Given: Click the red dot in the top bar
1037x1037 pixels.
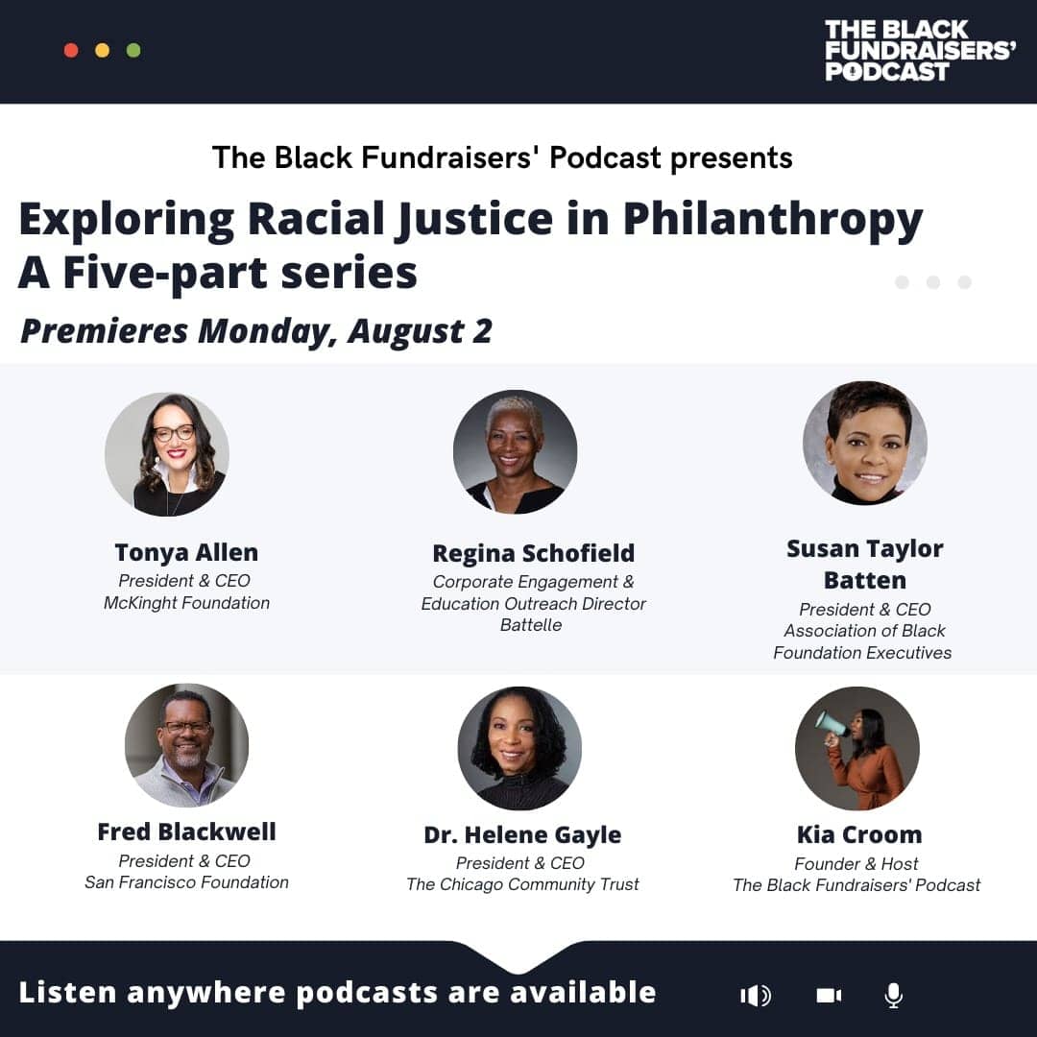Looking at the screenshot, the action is (x=71, y=50).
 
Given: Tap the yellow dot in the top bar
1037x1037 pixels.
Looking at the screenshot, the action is (x=103, y=50).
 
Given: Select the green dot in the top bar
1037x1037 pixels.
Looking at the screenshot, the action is (x=133, y=50).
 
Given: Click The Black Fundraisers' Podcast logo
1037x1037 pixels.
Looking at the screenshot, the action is (x=919, y=50).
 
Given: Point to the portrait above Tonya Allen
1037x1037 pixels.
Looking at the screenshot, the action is (x=167, y=454).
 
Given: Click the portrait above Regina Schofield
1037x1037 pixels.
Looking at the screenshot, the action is (x=516, y=451).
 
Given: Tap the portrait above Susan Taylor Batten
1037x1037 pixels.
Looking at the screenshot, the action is (x=864, y=443).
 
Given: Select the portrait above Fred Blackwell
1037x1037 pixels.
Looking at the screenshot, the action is (x=186, y=745).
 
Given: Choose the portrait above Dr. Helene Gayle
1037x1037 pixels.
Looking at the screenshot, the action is (x=519, y=748).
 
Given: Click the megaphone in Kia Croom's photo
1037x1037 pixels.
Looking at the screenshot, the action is (x=832, y=725).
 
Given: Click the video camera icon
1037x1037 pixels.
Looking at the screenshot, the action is (x=829, y=996).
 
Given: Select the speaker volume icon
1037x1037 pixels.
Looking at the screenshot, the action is (x=756, y=996).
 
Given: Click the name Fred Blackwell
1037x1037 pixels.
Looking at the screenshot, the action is (x=186, y=832).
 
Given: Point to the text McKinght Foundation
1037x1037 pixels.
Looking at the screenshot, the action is (x=186, y=603).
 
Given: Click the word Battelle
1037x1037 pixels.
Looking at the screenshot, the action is (x=531, y=625).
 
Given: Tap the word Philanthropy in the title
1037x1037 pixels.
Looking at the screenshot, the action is (x=772, y=221).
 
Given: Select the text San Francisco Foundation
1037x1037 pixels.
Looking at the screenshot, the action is (x=186, y=882).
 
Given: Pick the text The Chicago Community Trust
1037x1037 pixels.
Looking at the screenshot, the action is (x=522, y=885).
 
